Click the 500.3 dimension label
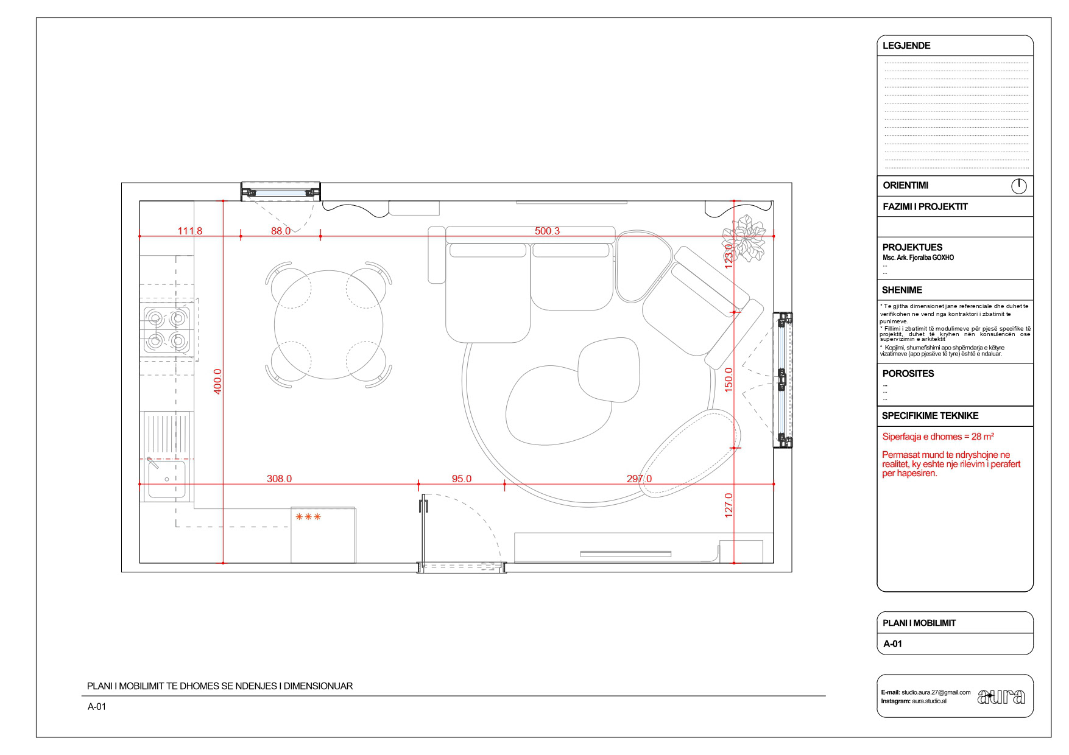[x=547, y=231]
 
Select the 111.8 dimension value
[x=189, y=231]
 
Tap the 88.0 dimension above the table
[x=280, y=231]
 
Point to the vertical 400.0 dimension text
[x=217, y=381]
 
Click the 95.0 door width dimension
[x=461, y=479]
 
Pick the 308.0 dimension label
[x=279, y=479]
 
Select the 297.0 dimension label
[x=639, y=479]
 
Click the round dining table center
[x=330, y=324]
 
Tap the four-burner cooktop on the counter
[x=166, y=329]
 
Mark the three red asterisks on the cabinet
[x=308, y=518]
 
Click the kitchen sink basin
[x=166, y=479]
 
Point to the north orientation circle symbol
[x=1018, y=186]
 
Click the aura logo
[x=1001, y=697]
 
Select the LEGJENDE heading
[x=906, y=46]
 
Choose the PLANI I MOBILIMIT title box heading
[x=919, y=623]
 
